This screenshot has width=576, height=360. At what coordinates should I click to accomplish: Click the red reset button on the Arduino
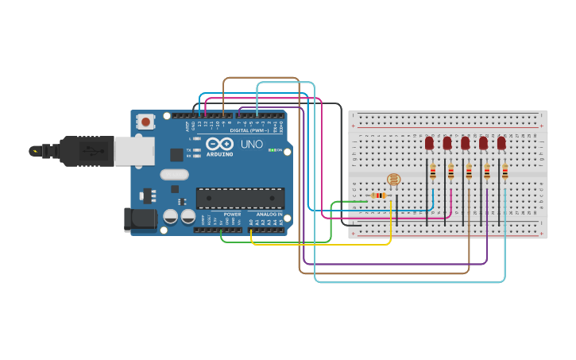[x=146, y=122]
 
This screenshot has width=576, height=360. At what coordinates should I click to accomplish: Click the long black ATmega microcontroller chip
[x=240, y=198]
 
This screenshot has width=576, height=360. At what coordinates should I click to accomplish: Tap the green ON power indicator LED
[x=273, y=150]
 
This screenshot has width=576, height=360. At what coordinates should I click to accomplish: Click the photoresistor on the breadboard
[x=392, y=181]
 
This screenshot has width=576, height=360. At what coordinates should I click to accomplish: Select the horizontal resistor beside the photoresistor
[x=379, y=195]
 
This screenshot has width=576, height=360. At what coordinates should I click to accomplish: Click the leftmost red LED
[x=429, y=143]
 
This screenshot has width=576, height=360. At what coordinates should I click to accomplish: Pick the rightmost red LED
[x=501, y=143]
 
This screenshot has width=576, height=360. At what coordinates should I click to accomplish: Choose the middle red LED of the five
[x=466, y=143]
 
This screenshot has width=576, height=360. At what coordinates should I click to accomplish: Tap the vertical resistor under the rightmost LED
[x=504, y=172]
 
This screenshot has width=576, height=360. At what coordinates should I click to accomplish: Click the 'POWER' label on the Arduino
[x=232, y=215]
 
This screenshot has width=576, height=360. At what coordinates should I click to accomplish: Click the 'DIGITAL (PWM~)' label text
[x=249, y=130]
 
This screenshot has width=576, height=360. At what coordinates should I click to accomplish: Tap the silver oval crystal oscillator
[x=174, y=174]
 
